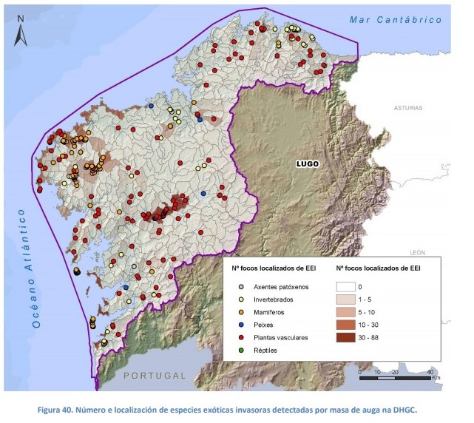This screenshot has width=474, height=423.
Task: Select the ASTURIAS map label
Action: coord(407,107)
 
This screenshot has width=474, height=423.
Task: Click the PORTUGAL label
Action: coord(155,376)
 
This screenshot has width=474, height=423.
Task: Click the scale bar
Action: coord(395,377)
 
